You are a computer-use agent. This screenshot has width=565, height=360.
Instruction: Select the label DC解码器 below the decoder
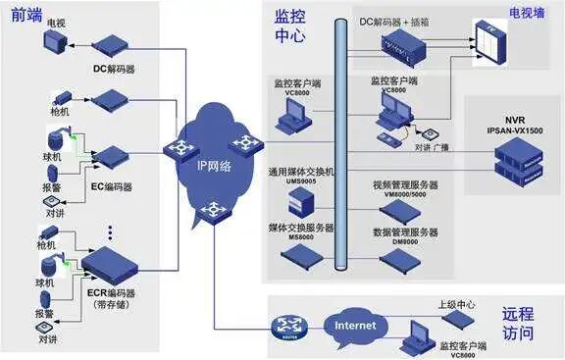tap(115, 69)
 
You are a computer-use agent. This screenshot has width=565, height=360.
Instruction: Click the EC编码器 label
tap(111, 185)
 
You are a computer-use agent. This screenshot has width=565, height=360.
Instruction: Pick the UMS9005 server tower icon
tap(300, 204)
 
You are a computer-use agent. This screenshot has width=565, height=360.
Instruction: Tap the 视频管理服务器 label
tap(404, 183)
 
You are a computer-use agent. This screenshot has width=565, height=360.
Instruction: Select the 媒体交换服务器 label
tap(301, 227)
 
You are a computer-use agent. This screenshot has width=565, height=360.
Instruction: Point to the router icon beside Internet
tap(288, 325)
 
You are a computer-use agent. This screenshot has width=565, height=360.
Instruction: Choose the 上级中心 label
tap(457, 304)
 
